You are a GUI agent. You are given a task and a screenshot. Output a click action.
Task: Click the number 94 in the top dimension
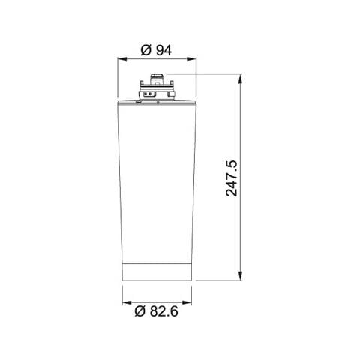pos(164,50)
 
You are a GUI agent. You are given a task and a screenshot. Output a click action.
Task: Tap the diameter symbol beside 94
pos(146,50)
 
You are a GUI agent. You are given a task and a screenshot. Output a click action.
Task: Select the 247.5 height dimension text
pos(232,178)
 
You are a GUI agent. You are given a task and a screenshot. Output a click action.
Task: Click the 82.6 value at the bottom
pos(164,311)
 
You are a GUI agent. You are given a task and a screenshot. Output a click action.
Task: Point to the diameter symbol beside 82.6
pos(140,311)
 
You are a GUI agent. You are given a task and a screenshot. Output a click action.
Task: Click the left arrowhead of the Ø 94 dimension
pos(121,59)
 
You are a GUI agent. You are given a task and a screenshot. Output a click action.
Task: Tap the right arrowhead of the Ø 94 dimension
pos(192,59)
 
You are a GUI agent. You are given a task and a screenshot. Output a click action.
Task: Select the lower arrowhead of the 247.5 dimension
pos(240,276)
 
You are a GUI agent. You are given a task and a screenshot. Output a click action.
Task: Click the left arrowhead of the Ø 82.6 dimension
pos(127,303)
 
